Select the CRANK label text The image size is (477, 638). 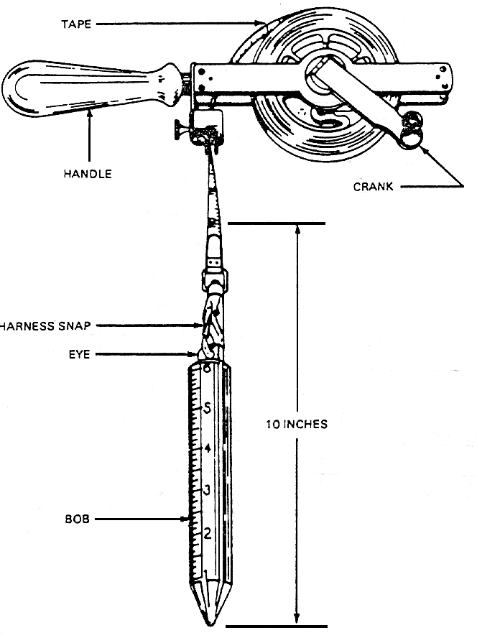click(x=374, y=188)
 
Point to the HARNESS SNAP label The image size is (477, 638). click(x=45, y=325)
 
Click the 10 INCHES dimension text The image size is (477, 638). click(x=297, y=424)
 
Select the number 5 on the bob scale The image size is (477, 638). click(x=207, y=408)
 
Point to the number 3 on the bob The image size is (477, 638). click(x=207, y=491)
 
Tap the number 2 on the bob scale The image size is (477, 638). click(x=207, y=533)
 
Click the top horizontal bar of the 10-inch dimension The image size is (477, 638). click(x=277, y=224)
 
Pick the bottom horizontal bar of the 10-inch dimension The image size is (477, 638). click(x=277, y=627)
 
